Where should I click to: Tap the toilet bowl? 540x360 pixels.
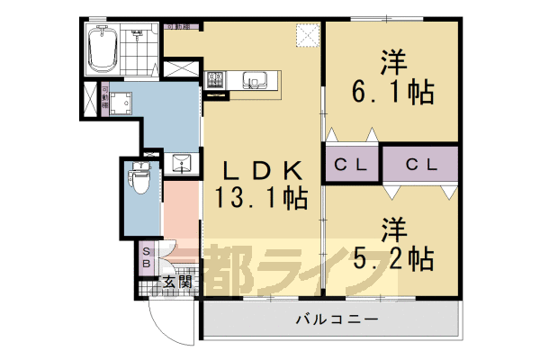pyautogui.click(x=140, y=180)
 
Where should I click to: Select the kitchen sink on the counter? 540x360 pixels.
pyautogui.click(x=254, y=82)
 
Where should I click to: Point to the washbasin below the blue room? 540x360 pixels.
pyautogui.click(x=181, y=163)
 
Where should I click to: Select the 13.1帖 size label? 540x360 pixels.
pyautogui.click(x=260, y=195)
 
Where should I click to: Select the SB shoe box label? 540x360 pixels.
pyautogui.click(x=146, y=259)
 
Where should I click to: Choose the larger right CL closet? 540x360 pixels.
pyautogui.click(x=420, y=165)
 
